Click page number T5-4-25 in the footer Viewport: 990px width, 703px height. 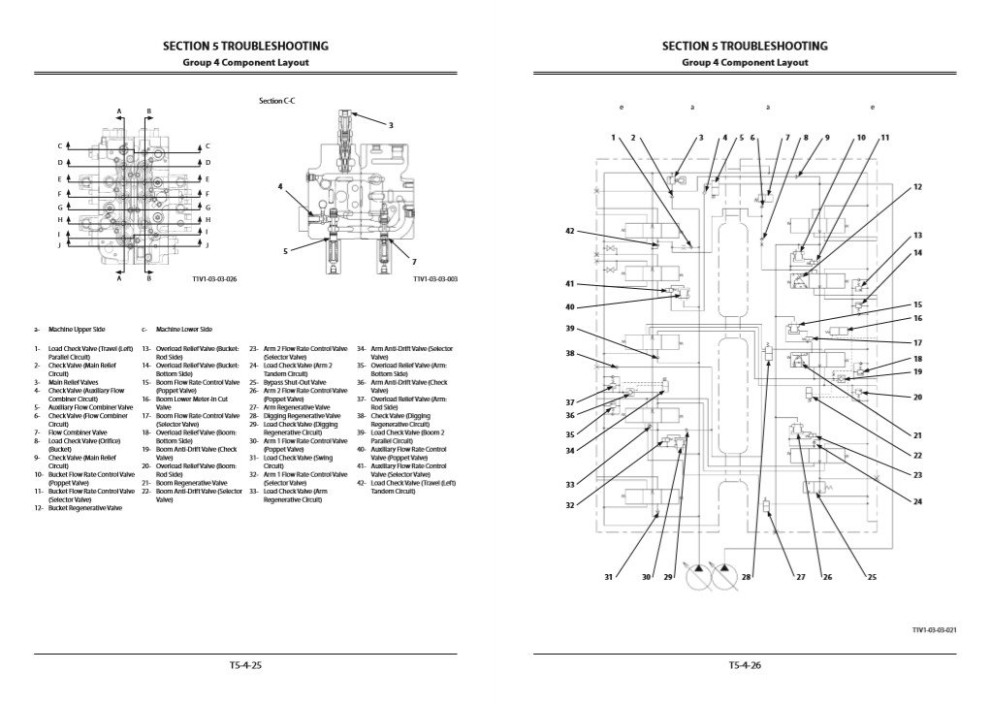246,665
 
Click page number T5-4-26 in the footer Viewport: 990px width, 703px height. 744,665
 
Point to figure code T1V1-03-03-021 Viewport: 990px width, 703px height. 935,629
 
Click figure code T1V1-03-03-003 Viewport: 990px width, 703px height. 435,279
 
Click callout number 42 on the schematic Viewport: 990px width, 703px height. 571,231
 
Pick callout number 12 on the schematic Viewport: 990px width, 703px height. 916,185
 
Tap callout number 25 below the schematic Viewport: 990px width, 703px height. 871,577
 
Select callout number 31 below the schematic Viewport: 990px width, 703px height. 608,577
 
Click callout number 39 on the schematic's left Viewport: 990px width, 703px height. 571,329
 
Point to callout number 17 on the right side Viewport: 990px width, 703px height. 916,341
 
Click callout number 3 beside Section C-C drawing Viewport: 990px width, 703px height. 391,125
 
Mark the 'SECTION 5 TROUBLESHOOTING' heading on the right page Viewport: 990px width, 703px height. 744,46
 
